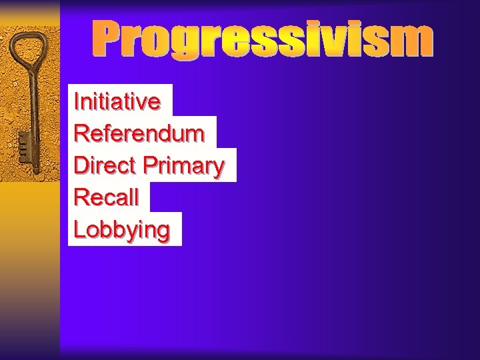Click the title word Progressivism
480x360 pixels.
[261, 39]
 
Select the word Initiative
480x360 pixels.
[117, 102]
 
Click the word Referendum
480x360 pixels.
[139, 133]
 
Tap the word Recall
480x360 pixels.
[107, 197]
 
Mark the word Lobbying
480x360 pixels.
[122, 230]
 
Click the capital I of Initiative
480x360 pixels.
[77, 102]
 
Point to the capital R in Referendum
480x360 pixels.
[81, 133]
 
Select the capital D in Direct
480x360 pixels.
[81, 165]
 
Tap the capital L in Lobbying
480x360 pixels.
[79, 229]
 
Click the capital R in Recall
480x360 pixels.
[81, 197]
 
